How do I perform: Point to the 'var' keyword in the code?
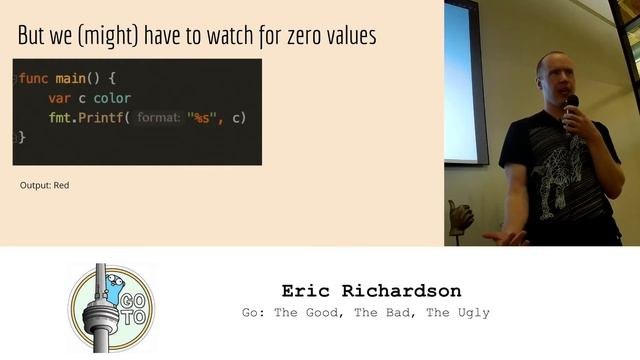(60, 98)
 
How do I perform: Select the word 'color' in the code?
(113, 98)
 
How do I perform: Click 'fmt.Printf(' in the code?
(89, 118)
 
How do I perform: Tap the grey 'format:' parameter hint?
(158, 118)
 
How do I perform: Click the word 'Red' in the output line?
(61, 185)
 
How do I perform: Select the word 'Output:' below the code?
(35, 185)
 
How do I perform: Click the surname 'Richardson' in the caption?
(406, 291)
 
